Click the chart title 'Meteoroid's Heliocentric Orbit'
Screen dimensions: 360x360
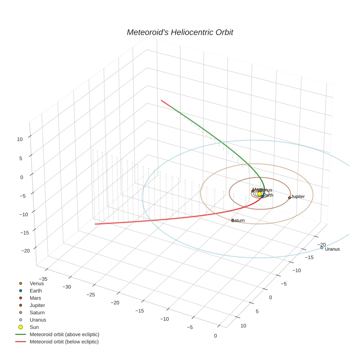click(x=180, y=33)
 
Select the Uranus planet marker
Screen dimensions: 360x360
click(x=322, y=248)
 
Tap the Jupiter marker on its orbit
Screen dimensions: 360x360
click(x=289, y=198)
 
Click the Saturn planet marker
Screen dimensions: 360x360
click(x=233, y=220)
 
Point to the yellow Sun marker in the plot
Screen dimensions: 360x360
click(x=259, y=194)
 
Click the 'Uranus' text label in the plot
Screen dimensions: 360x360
click(x=332, y=249)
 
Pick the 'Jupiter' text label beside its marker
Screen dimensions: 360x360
click(x=298, y=197)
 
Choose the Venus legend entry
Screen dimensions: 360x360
click(x=37, y=284)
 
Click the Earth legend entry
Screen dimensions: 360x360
click(x=35, y=291)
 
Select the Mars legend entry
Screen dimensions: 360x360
click(x=35, y=298)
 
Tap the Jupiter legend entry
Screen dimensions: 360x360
click(x=37, y=305)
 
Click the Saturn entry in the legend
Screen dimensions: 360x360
click(x=37, y=312)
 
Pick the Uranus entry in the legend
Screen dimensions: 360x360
click(x=38, y=320)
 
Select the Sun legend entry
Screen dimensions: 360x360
click(x=34, y=327)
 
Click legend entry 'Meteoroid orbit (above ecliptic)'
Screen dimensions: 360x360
click(x=64, y=334)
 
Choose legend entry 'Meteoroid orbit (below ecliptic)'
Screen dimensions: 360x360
click(x=64, y=342)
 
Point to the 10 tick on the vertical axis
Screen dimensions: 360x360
click(x=20, y=139)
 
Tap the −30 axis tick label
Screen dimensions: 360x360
click(x=67, y=287)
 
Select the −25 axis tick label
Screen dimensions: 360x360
click(x=91, y=295)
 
